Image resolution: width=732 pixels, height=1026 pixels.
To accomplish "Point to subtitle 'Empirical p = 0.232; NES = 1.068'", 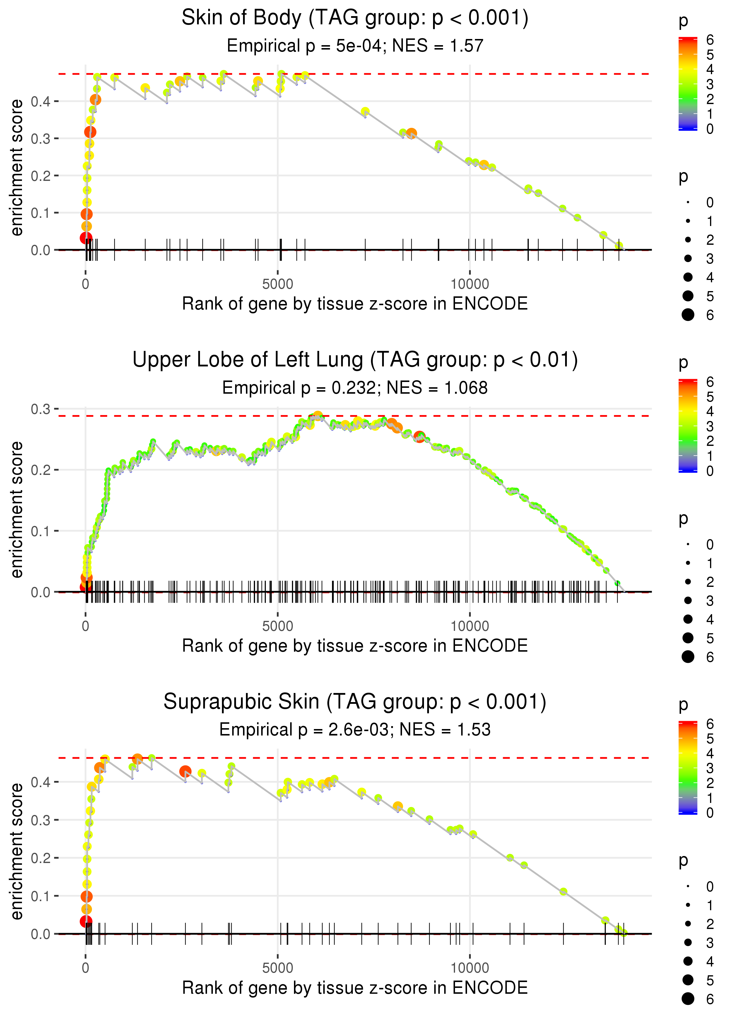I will click(x=355, y=388).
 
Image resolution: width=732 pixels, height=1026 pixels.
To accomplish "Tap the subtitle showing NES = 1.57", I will click(x=355, y=46).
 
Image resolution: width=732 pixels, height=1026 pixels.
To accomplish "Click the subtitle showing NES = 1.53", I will click(x=355, y=730).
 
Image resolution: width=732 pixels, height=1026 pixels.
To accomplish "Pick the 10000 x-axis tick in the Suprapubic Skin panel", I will click(x=470, y=968).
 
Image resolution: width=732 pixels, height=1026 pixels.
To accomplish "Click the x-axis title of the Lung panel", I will click(x=355, y=646).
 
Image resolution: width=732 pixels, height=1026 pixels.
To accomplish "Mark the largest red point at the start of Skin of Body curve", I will click(x=85, y=238).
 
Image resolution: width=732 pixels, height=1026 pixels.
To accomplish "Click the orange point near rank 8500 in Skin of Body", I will click(x=411, y=133).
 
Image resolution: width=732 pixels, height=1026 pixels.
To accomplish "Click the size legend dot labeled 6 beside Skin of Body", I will click(x=688, y=315).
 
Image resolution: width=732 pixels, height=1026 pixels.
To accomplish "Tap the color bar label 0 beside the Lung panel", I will click(x=710, y=471).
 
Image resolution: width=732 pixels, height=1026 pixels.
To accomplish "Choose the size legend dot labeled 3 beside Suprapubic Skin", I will click(x=688, y=942).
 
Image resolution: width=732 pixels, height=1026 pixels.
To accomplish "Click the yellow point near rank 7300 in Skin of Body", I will click(x=365, y=111).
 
